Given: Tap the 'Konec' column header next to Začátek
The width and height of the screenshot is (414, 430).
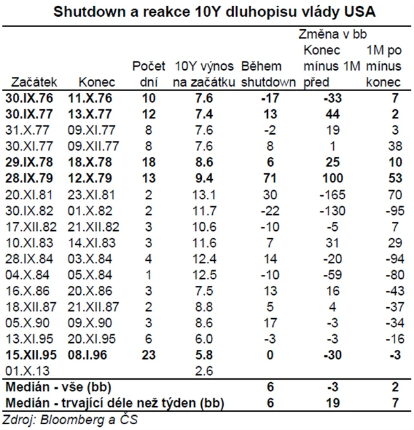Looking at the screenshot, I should [96, 82].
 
